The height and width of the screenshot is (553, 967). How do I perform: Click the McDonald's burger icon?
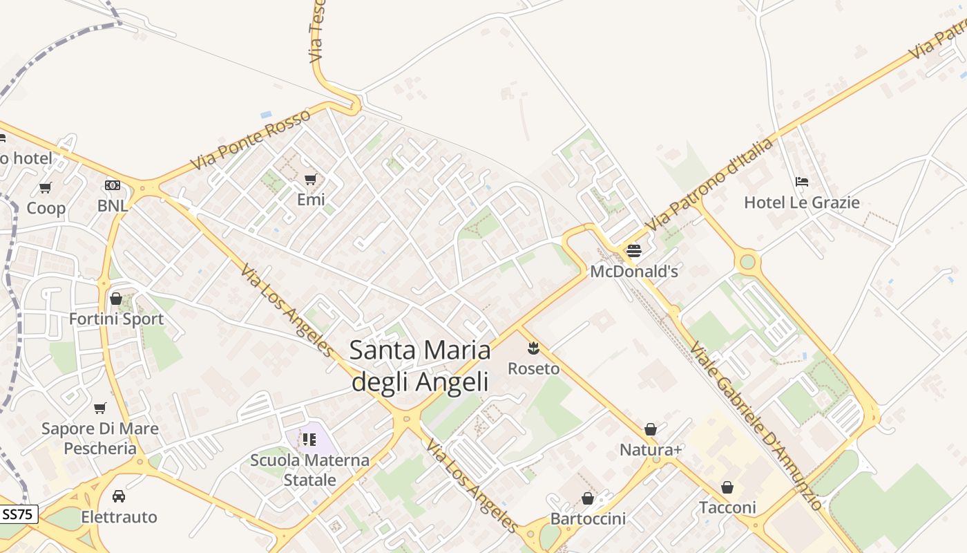coord(633,250)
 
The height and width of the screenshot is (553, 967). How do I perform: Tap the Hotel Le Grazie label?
coord(801,203)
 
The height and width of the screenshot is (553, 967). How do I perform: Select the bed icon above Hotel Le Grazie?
coord(801,182)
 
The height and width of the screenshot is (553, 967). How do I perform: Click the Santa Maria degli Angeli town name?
coord(420,366)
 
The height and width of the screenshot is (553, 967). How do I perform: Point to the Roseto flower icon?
coord(533,348)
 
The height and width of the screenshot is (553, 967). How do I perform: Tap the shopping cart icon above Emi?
coord(311,180)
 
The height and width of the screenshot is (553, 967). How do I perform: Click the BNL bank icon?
coord(112,185)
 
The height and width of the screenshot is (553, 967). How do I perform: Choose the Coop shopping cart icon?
coord(46,187)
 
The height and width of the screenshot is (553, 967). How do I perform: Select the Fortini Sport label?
coord(116,319)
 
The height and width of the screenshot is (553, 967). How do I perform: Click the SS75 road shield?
coord(17,514)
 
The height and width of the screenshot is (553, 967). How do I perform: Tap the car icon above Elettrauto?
coord(119,496)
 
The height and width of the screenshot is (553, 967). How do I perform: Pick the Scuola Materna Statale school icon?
coord(309,439)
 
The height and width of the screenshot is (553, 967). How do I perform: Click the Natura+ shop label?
coord(651,450)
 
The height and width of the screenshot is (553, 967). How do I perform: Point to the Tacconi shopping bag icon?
coord(727,487)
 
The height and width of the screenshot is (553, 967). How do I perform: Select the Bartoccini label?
coord(588,518)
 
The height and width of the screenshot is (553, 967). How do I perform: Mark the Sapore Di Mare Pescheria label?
coord(100,438)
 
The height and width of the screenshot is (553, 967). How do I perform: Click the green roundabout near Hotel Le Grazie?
coord(747,262)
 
